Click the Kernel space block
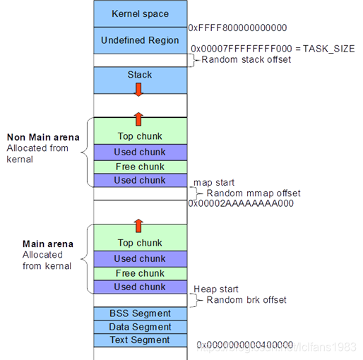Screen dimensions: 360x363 pos(140,14)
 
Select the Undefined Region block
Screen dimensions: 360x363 pos(140,40)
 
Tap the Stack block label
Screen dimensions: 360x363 pos(140,75)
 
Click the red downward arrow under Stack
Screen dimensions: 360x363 pos(139,89)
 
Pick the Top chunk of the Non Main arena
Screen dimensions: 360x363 pos(140,136)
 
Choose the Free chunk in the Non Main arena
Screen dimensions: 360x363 pos(140,167)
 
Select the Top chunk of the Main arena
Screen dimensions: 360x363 pos(140,243)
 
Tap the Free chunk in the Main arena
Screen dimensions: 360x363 pos(140,273)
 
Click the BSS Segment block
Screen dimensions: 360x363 pos(140,313)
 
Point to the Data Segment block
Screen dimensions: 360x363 pos(140,327)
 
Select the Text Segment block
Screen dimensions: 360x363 pos(140,340)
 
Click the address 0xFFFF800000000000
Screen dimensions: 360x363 pos(237,28)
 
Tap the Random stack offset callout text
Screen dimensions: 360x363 pos(246,60)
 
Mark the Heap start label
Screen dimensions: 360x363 pos(215,289)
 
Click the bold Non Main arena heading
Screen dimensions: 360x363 pos(42,137)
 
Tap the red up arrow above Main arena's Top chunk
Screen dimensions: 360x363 pos(139,225)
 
